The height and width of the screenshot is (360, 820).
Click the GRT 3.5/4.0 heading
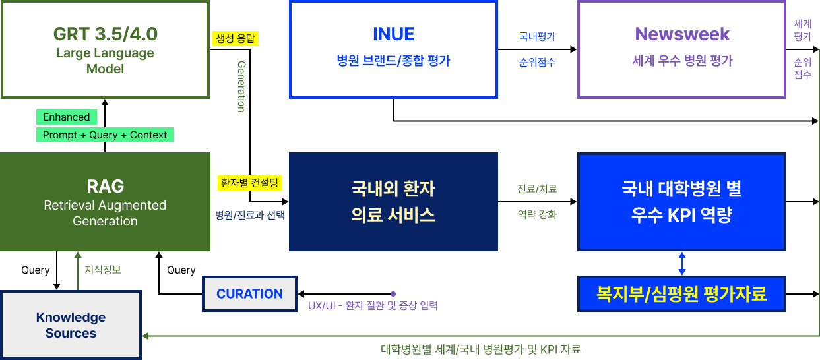coord(105,34)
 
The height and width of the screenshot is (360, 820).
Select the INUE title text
coord(393,34)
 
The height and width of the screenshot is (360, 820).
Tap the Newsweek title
coord(682,34)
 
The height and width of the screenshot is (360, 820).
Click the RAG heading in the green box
coord(105,186)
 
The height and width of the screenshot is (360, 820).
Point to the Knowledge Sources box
coord(71,325)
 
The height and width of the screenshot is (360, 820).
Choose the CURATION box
coord(249,294)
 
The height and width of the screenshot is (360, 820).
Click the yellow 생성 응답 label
coord(236,38)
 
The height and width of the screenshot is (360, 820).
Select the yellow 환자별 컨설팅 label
coord(250,183)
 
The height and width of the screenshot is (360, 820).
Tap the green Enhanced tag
coord(66,117)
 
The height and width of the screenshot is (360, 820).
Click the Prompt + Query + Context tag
coord(105,135)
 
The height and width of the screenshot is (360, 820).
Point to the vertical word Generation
coord(241,86)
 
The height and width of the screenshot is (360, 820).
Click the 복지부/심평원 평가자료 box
coord(681,294)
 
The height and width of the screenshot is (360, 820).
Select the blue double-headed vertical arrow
coord(682,263)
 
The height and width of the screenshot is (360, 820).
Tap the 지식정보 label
coord(103,270)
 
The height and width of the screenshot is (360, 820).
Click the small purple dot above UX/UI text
coord(393,293)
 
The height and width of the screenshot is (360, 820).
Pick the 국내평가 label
coord(537,37)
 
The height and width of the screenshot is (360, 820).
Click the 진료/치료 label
coord(537,189)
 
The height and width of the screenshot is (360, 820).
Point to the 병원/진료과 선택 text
coord(250,215)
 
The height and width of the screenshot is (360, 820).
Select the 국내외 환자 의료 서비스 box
coord(393,202)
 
